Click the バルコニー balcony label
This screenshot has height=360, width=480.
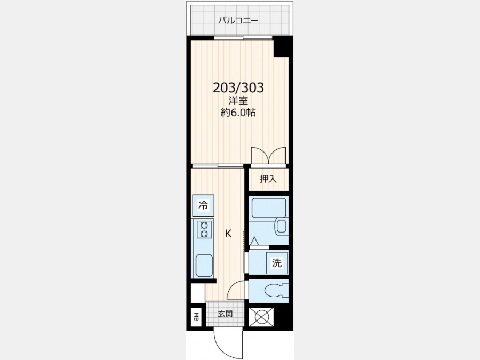238,21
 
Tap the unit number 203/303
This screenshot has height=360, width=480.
238,88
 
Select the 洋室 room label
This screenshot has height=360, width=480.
238,100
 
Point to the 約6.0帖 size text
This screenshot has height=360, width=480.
238,113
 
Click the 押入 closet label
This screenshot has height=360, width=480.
268,179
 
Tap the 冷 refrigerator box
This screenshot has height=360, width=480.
203,205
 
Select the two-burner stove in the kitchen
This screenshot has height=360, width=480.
204,230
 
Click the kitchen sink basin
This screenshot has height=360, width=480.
204,266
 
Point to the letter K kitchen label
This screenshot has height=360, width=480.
228,234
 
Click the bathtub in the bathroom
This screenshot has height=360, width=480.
268,207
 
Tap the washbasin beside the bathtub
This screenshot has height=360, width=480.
281,227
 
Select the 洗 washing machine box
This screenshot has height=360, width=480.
277,262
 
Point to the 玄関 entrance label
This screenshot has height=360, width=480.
225,314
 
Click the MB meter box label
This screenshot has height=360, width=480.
196,317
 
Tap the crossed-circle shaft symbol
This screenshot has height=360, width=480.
260,316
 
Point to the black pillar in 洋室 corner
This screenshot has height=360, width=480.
281,47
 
